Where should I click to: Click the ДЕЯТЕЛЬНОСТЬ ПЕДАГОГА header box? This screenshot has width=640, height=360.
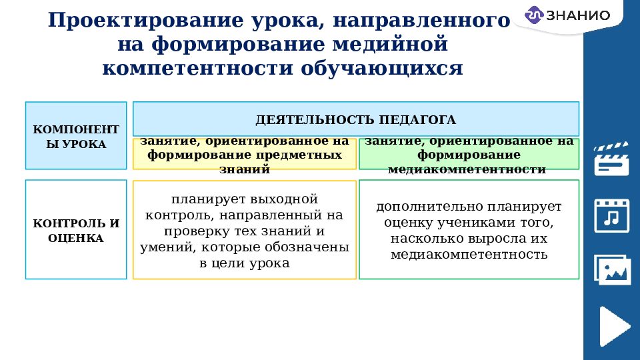(356, 119)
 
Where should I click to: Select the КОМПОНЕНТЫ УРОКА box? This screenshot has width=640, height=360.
(76, 135)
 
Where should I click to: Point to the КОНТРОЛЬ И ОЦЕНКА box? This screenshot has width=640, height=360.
(76, 229)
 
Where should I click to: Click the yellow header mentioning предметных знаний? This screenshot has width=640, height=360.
(245, 155)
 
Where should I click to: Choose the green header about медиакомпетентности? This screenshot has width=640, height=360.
(469, 155)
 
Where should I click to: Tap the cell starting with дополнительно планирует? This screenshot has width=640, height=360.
(469, 230)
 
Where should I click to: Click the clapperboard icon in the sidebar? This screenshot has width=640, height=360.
(611, 158)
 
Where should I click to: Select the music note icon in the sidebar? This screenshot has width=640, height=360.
(611, 215)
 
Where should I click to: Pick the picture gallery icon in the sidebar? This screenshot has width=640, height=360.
(611, 270)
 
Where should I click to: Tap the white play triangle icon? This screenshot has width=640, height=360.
(613, 326)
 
